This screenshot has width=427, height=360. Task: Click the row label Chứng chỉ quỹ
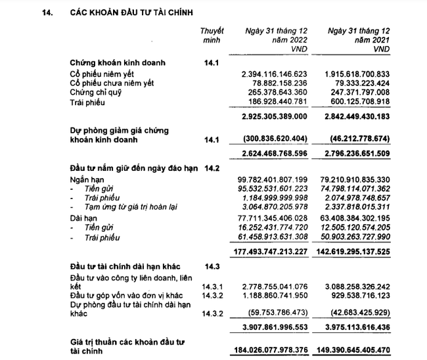pyautogui.click(x=95, y=93)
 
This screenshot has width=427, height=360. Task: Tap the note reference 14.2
pyautogui.click(x=212, y=168)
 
